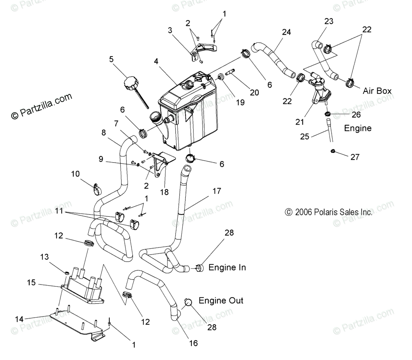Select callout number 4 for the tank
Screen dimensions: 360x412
point(156,61)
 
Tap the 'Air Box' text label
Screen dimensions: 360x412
point(377,91)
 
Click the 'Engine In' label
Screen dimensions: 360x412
point(227,267)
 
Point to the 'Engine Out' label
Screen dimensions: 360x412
point(221,301)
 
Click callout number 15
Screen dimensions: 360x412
point(31,282)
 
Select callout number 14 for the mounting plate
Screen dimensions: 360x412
point(19,319)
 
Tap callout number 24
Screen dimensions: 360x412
point(286,32)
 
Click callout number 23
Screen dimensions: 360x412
point(329,21)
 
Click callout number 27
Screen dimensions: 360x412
point(355,157)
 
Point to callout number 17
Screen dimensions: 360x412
point(217,191)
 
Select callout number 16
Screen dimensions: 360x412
point(194,343)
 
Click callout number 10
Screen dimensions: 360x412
point(75,174)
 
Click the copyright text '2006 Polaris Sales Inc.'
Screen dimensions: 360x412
point(329,212)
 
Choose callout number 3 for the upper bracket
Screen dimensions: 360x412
point(170,30)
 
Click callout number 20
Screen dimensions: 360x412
point(254,92)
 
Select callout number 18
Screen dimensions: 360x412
point(164,192)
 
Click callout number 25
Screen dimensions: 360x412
point(304,136)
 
